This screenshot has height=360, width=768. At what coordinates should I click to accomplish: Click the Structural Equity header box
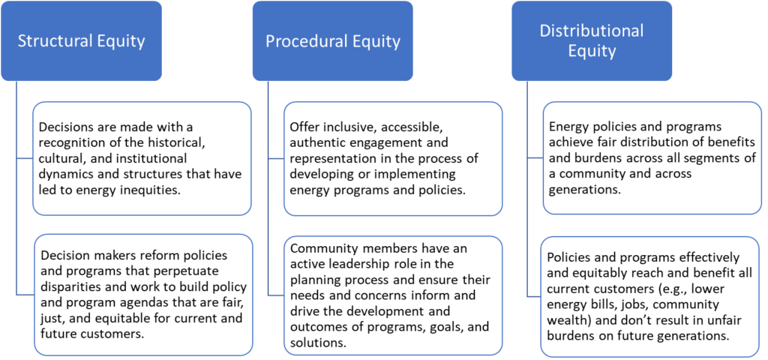coord(81,41)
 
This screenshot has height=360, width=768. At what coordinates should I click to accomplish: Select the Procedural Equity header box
coord(333,41)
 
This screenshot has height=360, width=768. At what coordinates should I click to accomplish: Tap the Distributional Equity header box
coord(592,41)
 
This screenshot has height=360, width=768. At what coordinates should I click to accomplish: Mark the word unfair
coord(709,320)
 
